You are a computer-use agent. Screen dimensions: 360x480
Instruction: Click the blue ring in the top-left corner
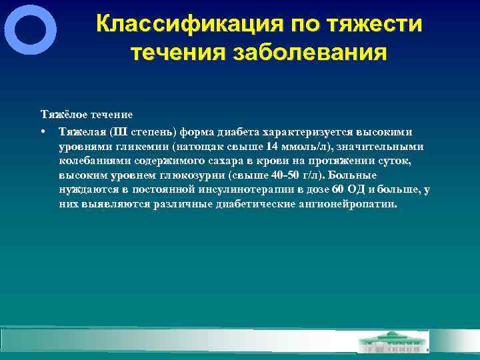pos(30,30)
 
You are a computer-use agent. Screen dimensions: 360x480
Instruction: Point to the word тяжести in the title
pos(377,25)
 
